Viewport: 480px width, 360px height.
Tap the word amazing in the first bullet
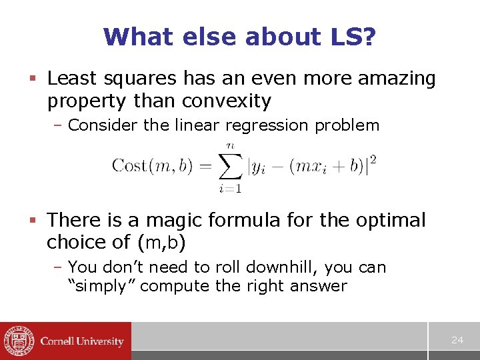coord(397,79)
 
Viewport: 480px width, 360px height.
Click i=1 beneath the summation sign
coord(230,189)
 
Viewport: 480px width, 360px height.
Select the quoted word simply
coord(102,287)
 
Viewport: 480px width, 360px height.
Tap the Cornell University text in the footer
coord(82,341)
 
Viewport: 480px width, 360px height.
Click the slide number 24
coord(457,340)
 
